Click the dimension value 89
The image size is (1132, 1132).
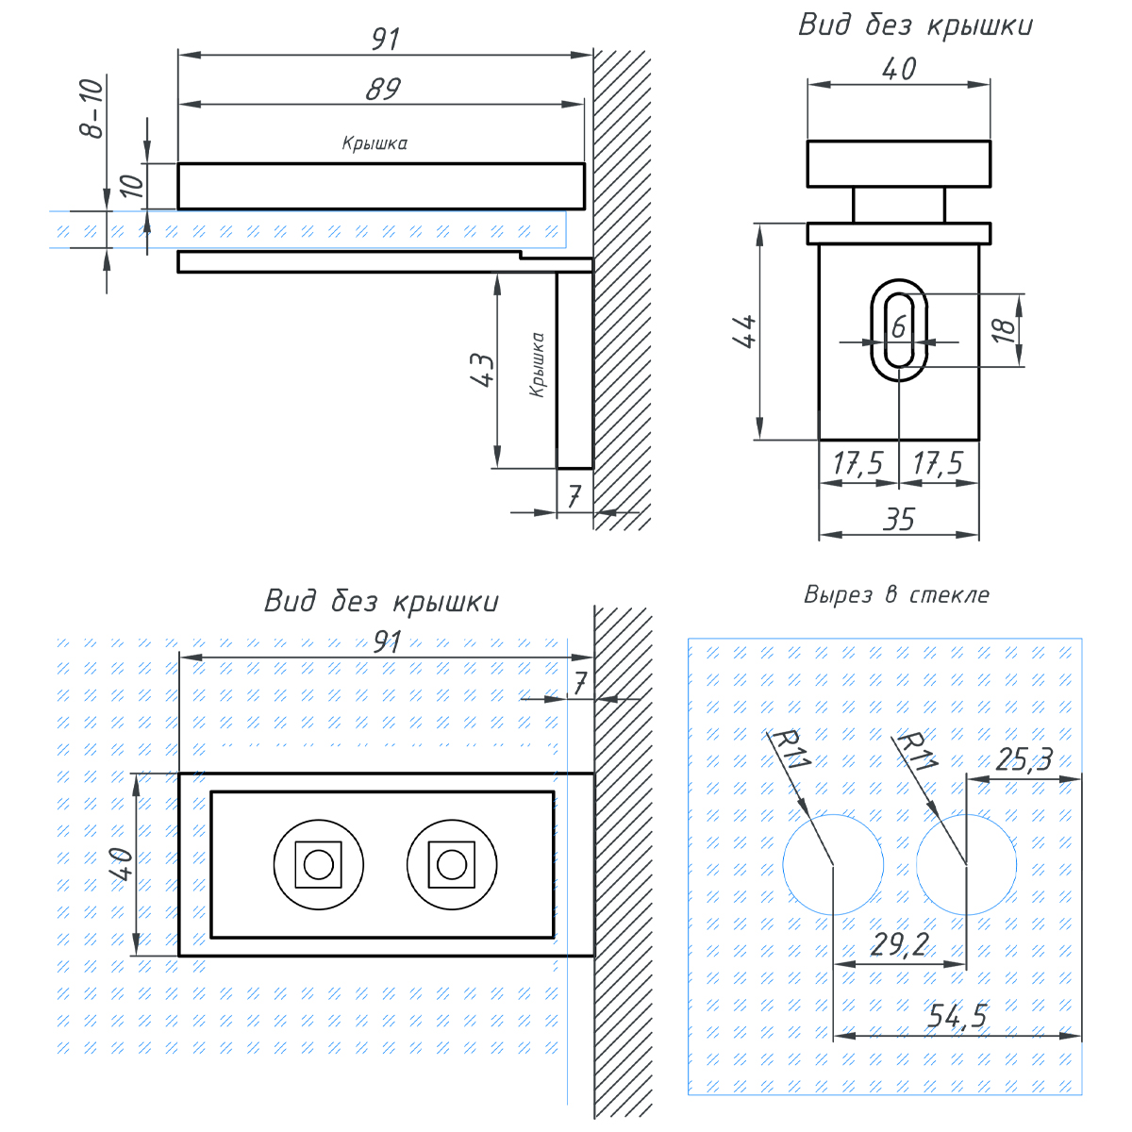click(383, 89)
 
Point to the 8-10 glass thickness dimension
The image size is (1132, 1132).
click(91, 108)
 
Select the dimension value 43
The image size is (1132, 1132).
click(481, 371)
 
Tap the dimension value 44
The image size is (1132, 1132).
click(744, 332)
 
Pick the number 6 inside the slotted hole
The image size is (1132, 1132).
click(898, 326)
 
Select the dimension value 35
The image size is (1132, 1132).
click(899, 520)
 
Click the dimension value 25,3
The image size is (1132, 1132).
click(1024, 759)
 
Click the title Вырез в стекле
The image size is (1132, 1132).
click(896, 595)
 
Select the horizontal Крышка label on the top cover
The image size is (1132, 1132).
click(375, 144)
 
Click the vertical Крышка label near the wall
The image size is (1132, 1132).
click(537, 364)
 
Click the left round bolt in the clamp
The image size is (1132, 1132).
click(318, 864)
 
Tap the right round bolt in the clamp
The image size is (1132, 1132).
click(452, 864)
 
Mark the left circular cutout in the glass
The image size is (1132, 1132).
click(833, 864)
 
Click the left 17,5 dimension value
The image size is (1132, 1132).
click(857, 464)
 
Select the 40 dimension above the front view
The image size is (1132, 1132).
click(898, 69)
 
